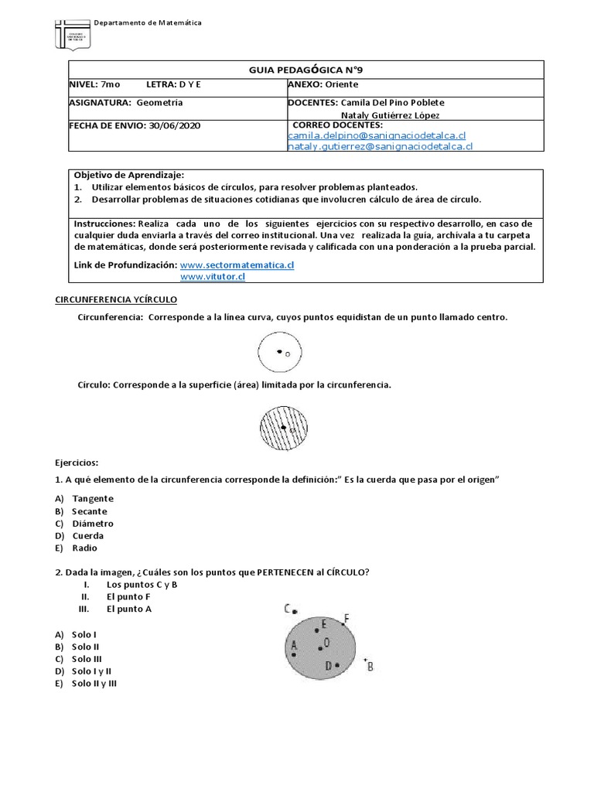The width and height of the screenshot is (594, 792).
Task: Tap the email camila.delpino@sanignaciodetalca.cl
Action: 377,135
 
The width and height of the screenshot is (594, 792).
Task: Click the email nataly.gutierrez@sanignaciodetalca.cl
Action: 380,145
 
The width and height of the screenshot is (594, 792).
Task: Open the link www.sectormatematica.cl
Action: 237,265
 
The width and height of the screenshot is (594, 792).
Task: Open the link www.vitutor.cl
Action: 212,276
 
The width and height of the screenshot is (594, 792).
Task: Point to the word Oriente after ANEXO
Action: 340,84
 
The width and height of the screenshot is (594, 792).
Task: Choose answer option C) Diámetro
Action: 92,524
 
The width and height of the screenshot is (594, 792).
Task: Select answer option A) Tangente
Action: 92,499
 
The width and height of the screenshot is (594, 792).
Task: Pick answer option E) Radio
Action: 84,548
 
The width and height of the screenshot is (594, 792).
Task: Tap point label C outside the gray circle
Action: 287,608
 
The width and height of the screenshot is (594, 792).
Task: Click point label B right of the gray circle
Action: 370,666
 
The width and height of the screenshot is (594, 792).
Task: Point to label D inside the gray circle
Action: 328,665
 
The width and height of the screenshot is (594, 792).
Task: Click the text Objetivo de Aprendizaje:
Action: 129,175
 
